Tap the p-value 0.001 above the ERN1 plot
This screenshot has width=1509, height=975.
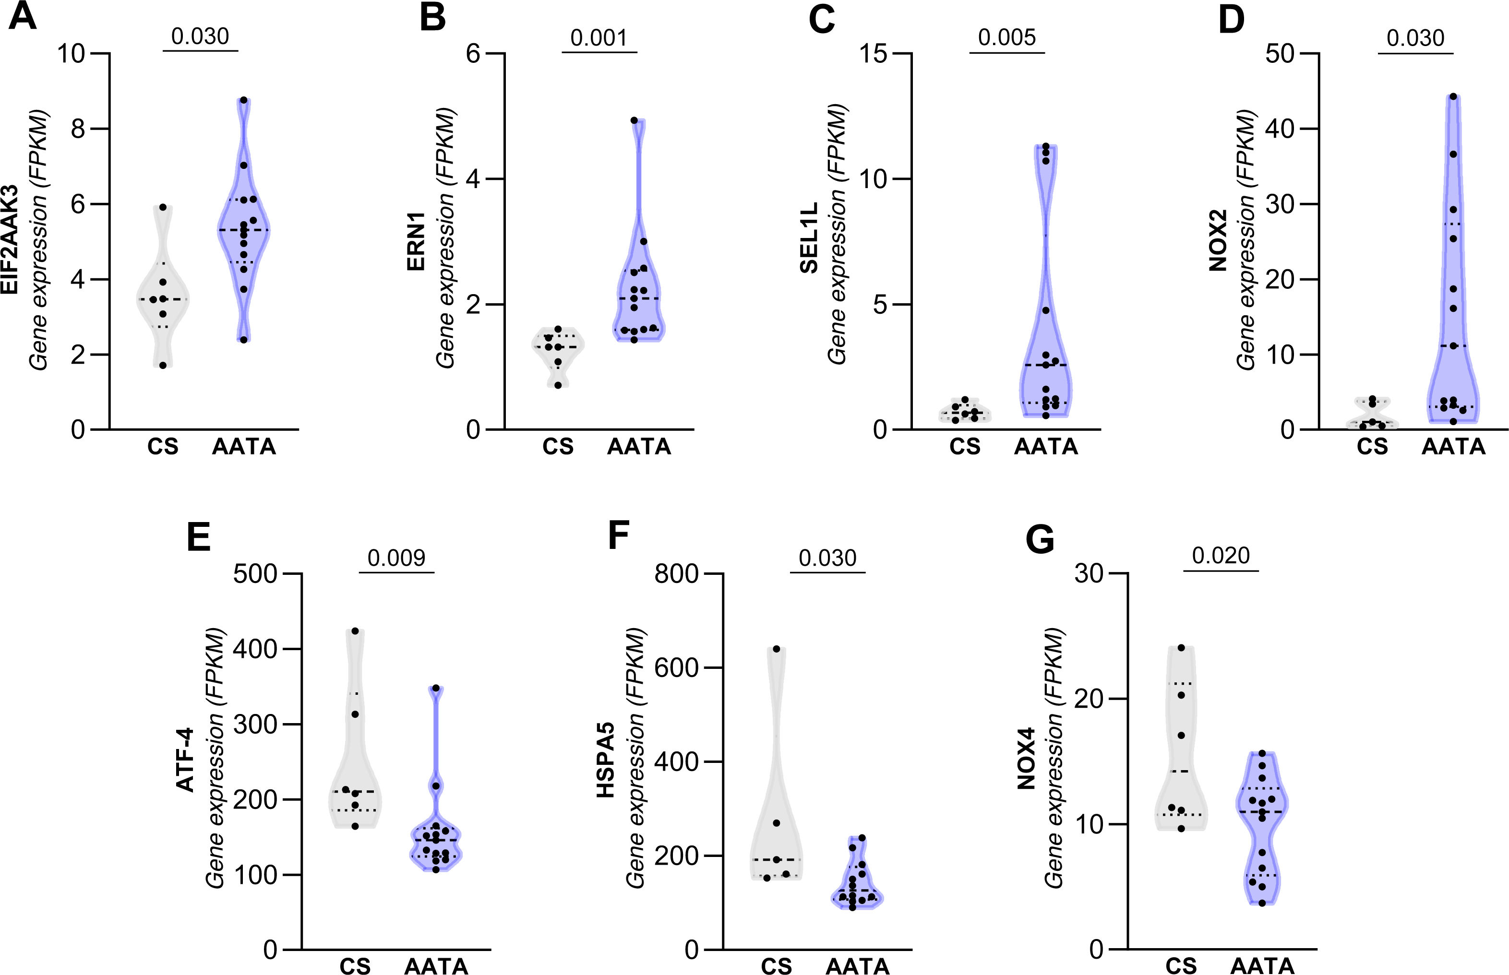coord(599,38)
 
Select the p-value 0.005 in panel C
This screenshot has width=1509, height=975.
coord(1007,37)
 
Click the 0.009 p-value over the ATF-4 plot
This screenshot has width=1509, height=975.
coord(396,558)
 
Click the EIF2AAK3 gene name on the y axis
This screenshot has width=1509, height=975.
coord(10,240)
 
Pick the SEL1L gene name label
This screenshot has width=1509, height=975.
coord(809,238)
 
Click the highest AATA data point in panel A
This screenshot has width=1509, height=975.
coord(244,100)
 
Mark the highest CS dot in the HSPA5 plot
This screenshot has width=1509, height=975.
coord(777,649)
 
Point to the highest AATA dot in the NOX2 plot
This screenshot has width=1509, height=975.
coord(1453,97)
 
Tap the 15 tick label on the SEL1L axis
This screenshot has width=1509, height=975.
coord(876,54)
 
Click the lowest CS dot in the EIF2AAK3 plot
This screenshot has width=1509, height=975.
coord(163,365)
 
